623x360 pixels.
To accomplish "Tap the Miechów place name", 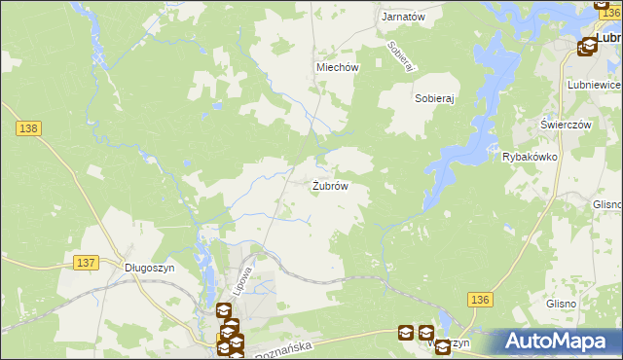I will tap(338, 67).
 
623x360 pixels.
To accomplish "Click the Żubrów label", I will tap(330, 185).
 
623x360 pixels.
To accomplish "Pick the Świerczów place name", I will tap(567, 126).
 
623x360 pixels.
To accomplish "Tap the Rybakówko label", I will tap(529, 157).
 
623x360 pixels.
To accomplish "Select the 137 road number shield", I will tap(86, 263).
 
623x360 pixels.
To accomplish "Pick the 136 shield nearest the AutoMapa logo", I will tap(477, 300).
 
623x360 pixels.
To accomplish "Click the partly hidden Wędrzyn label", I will tap(450, 342).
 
